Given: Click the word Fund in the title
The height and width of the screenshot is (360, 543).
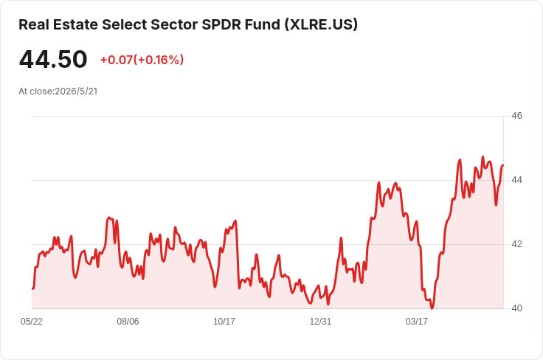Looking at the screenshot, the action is pyautogui.click(x=263, y=24).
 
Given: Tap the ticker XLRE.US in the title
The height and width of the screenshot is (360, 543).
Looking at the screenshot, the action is pyautogui.click(x=322, y=24).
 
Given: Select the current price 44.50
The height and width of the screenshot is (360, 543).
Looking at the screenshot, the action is pyautogui.click(x=53, y=59).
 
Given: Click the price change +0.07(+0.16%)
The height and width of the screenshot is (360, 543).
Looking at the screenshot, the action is pyautogui.click(x=142, y=60).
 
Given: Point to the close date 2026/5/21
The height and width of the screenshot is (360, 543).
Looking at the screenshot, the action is pyautogui.click(x=76, y=91).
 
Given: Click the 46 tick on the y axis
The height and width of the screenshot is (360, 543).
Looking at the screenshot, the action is pyautogui.click(x=516, y=116).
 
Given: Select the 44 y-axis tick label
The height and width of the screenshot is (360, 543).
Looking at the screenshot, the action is pyautogui.click(x=516, y=180).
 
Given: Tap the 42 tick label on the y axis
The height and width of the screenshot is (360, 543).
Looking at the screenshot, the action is pyautogui.click(x=516, y=244).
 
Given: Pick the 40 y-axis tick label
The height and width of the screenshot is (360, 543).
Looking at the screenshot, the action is pyautogui.click(x=516, y=308).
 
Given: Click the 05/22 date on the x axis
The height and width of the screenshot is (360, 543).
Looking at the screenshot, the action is pyautogui.click(x=32, y=322).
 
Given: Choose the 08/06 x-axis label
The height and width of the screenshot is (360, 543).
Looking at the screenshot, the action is pyautogui.click(x=128, y=322).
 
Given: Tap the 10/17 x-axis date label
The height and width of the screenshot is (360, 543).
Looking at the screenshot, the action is pyautogui.click(x=224, y=322).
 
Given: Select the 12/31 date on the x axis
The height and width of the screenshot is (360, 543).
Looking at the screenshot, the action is pyautogui.click(x=320, y=322).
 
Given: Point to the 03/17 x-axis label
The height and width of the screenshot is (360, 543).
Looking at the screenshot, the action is pyautogui.click(x=417, y=322).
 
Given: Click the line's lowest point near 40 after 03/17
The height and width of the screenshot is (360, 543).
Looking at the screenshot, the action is pyautogui.click(x=432, y=308).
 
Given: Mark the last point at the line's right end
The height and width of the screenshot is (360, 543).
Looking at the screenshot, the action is pyautogui.click(x=503, y=165).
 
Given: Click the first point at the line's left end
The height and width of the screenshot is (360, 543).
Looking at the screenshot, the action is pyautogui.click(x=32, y=288).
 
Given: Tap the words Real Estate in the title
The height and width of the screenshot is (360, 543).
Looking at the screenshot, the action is pyautogui.click(x=58, y=24).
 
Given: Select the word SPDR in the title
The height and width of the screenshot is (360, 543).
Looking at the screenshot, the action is pyautogui.click(x=221, y=24).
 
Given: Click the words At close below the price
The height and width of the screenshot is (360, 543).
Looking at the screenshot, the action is pyautogui.click(x=36, y=91).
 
